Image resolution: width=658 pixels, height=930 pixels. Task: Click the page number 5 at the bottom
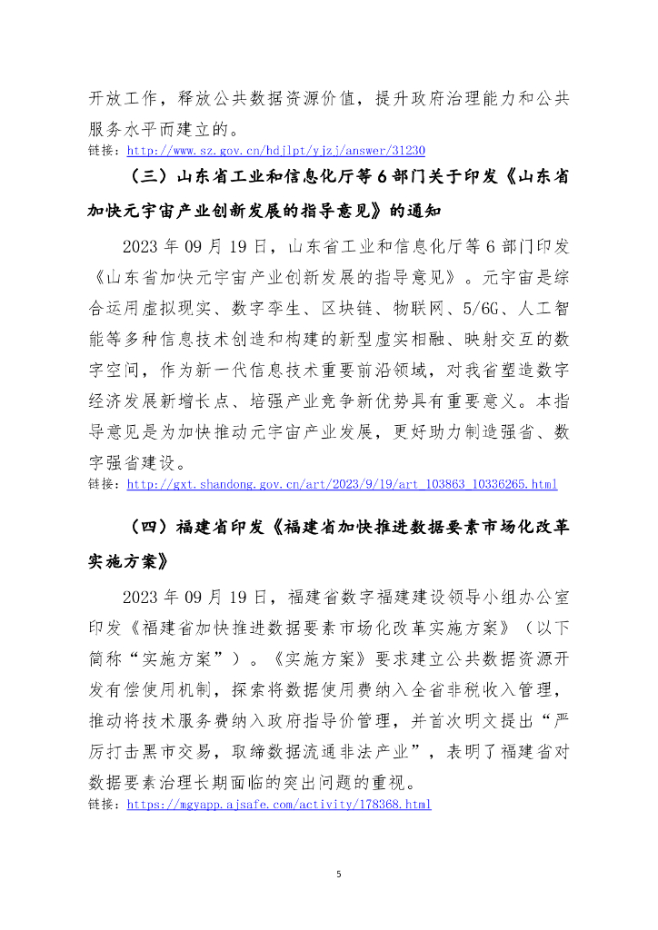click(338, 874)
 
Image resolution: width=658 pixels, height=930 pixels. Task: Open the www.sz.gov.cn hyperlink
click(275, 151)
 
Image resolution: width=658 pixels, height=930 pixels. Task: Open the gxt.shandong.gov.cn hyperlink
click(342, 485)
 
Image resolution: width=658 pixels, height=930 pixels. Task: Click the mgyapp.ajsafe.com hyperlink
click(278, 805)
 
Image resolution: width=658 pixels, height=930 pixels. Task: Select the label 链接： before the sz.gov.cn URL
click(105, 151)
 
